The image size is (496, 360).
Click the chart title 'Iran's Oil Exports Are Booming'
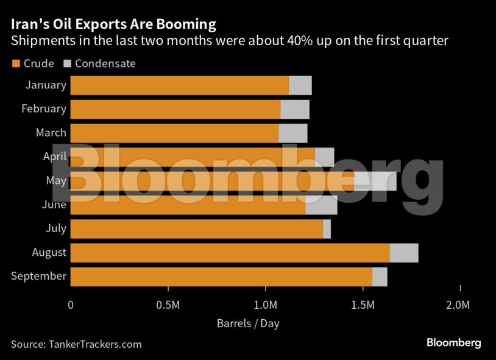click(x=113, y=24)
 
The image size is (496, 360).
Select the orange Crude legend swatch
click(x=16, y=63)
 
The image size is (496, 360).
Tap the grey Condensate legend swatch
click(x=68, y=63)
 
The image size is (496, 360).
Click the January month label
click(x=46, y=85)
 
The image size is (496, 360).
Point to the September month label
click(x=38, y=276)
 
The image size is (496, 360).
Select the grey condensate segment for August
click(x=403, y=252)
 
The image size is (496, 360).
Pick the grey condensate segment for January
click(x=300, y=85)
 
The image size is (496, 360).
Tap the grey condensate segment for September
click(x=379, y=277)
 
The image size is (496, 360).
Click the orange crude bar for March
click(x=174, y=133)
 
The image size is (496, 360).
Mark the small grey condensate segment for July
click(x=327, y=229)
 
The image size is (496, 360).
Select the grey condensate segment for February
click(x=295, y=109)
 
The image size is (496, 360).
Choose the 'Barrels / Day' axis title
click(x=248, y=323)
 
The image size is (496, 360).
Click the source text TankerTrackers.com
click(x=94, y=344)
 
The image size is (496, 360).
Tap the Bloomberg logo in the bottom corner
click(x=453, y=343)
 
